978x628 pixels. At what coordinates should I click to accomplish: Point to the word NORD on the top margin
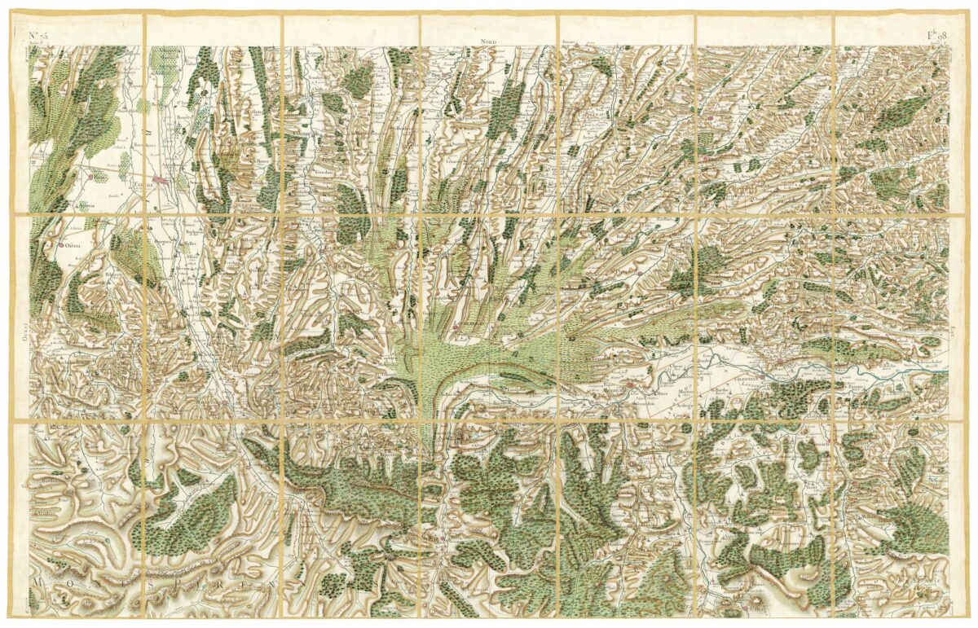488,41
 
